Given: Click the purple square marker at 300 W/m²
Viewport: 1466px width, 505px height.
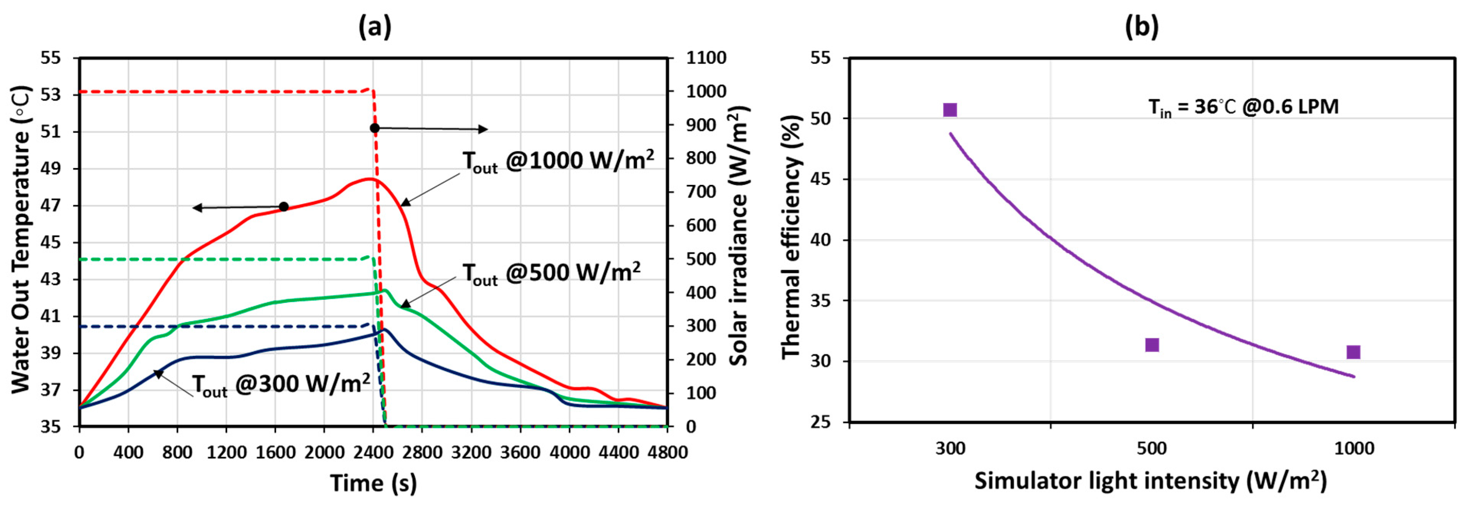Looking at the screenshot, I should point(950,110).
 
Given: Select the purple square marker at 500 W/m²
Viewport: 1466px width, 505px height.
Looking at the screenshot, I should point(1152,345).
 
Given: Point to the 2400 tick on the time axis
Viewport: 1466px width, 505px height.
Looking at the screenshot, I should point(372,453).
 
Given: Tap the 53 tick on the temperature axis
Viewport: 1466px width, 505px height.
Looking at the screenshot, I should point(52,95).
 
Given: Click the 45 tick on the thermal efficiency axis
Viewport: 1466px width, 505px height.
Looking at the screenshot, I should point(820,180).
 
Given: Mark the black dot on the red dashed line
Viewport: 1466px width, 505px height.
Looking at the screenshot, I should point(375,128).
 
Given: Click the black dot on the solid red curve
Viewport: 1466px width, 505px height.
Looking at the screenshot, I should point(283,206).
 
